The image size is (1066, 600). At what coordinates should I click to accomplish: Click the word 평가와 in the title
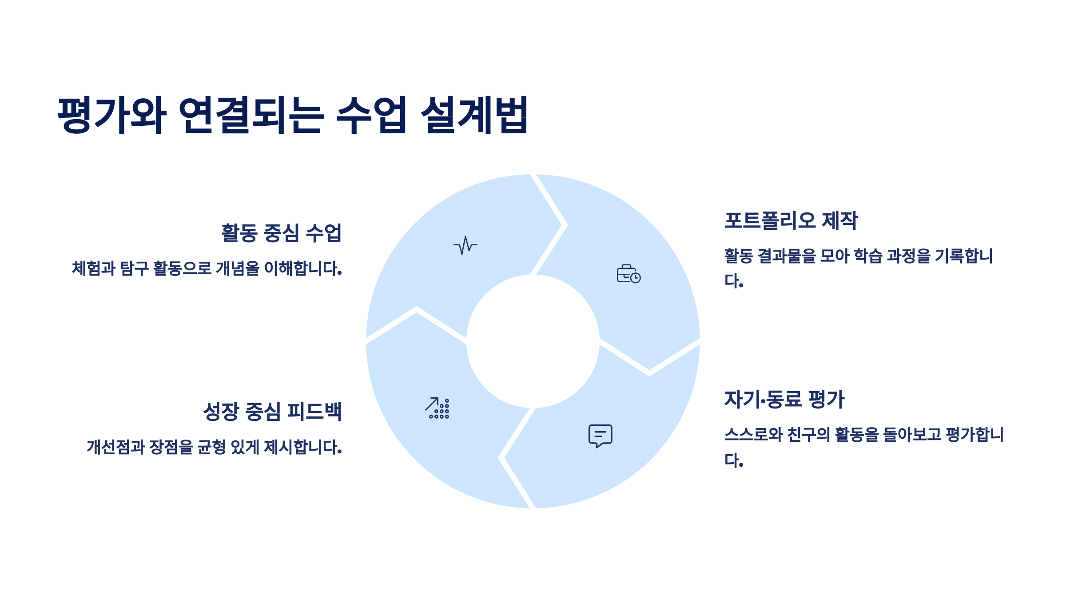[x=112, y=115]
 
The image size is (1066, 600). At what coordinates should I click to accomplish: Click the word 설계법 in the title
[x=474, y=115]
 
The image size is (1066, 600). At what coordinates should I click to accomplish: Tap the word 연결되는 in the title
[x=251, y=115]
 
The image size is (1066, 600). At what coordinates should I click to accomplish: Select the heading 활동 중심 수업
[x=281, y=233]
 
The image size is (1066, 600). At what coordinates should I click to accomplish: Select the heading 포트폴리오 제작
[x=791, y=220]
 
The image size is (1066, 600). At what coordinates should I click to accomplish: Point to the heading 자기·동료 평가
[x=784, y=399]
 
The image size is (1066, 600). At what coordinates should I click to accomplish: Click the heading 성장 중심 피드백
[x=272, y=411]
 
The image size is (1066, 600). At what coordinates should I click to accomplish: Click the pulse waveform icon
[x=465, y=245]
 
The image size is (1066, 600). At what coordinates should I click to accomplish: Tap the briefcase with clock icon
[x=628, y=274]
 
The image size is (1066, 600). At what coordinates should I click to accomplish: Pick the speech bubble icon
[x=600, y=436]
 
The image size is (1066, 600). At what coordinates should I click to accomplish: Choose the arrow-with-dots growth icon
[x=438, y=408]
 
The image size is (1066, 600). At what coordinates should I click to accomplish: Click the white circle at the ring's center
[x=533, y=341]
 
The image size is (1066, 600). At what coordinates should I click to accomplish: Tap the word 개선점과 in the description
[x=115, y=447]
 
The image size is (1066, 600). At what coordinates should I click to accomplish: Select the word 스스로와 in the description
[x=753, y=434]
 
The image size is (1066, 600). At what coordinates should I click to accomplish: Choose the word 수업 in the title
[x=371, y=115]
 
